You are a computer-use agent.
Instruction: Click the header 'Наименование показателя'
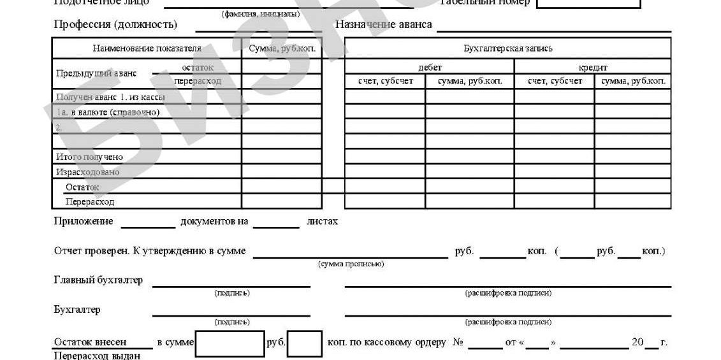coord(147,48)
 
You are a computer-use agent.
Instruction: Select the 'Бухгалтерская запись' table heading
coord(507,48)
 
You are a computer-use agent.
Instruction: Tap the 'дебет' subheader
coord(429,68)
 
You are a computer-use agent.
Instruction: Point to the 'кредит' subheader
coord(592,68)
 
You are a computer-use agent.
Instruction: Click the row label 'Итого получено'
coord(89,157)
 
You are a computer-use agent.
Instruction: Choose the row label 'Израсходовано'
coord(87,172)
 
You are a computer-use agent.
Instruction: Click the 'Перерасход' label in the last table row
coord(90,202)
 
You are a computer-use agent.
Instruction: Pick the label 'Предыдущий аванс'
coord(96,73)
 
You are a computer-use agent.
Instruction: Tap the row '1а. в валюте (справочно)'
coord(107,113)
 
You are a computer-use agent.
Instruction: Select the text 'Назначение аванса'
coord(384,25)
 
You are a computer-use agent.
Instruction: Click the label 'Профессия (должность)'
coord(116,25)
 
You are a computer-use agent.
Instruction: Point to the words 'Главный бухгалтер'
coord(98,280)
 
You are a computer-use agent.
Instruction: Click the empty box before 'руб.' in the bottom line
coord(229,343)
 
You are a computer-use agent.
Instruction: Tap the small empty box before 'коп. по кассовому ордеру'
coord(304,343)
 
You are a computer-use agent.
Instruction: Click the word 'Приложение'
coord(84,222)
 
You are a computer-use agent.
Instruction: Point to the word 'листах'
coord(322,222)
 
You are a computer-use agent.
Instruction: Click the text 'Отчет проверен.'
coord(92,251)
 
